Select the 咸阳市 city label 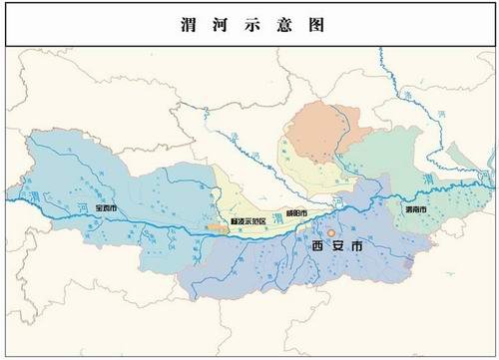pos(296,214)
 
